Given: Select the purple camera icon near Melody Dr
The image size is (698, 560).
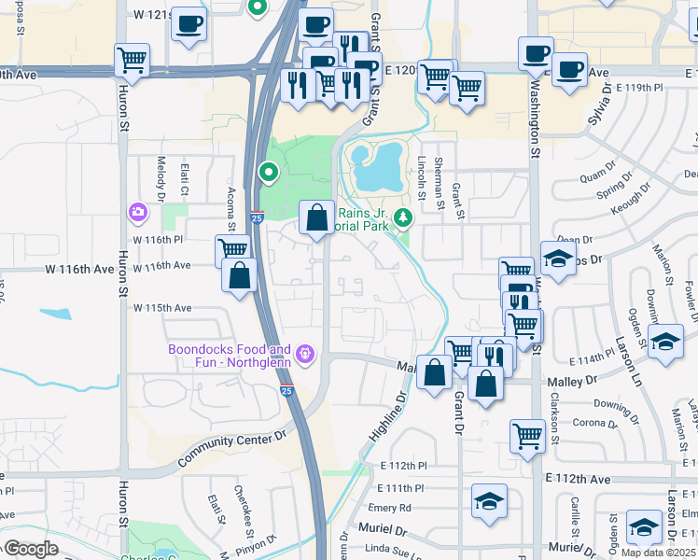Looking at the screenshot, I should [x=139, y=213].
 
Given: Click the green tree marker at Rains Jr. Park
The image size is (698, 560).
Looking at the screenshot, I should [x=403, y=218].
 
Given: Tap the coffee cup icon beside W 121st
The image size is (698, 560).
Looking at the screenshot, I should [x=189, y=23].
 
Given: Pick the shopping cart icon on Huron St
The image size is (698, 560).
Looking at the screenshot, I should [x=132, y=62].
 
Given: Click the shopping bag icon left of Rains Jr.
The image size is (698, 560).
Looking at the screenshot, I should [x=317, y=218].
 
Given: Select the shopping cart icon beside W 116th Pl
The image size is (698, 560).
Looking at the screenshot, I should [x=232, y=249].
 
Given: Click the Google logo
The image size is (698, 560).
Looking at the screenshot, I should [x=31, y=549].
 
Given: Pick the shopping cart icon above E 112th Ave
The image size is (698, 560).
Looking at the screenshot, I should [x=527, y=436].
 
